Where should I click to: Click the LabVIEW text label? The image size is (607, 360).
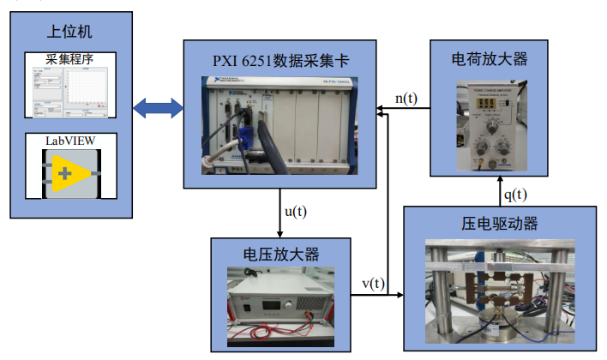[x=69, y=139]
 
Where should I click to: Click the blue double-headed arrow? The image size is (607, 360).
[x=159, y=108]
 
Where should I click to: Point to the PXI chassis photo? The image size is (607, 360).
[x=279, y=126]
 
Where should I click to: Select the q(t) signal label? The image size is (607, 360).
[x=515, y=193]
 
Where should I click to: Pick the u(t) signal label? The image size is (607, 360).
[x=295, y=210]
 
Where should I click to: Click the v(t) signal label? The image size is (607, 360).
[x=373, y=284]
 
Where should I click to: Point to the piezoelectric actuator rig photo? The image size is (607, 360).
[x=501, y=291]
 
